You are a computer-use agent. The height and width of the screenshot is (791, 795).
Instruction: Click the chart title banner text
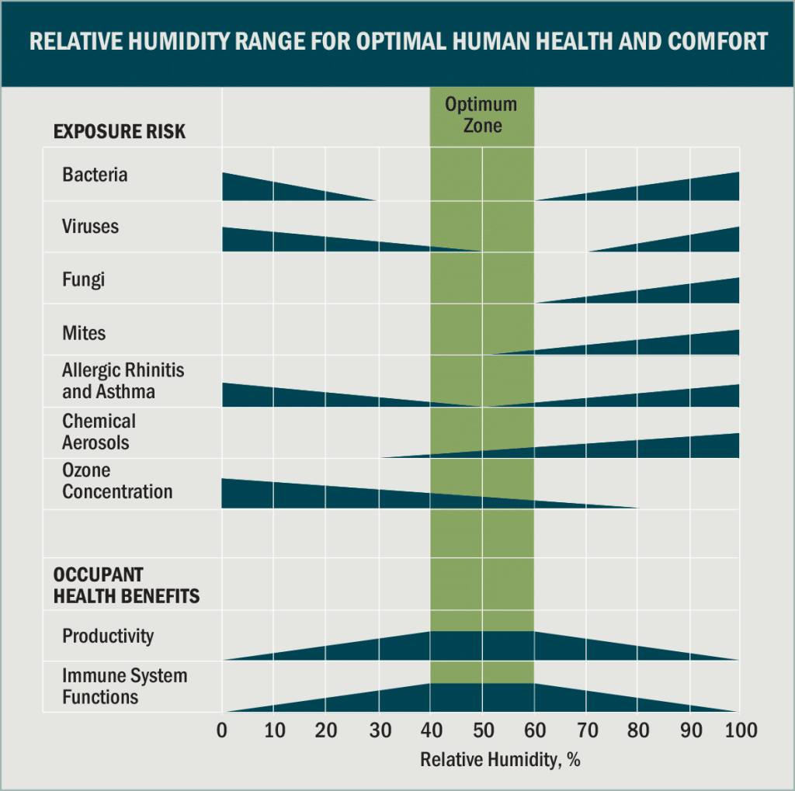coord(397,41)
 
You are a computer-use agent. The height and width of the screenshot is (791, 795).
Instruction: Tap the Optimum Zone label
coord(481,114)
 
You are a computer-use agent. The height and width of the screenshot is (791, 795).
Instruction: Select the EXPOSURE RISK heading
coord(120,131)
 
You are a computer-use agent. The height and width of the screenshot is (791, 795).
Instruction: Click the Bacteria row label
coord(95,175)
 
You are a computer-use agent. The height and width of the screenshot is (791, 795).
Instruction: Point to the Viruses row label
coord(90,227)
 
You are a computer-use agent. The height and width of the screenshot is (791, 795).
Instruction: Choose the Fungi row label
coord(83,279)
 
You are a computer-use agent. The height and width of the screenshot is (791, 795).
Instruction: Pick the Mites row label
coord(84,333)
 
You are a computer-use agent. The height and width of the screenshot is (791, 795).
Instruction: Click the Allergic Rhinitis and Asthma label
coord(123,380)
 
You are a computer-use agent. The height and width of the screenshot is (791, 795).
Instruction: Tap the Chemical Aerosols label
coord(99,432)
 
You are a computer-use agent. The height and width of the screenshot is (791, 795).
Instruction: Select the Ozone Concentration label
coord(117,480)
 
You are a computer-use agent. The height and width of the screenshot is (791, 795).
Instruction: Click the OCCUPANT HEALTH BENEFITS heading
coord(126,585)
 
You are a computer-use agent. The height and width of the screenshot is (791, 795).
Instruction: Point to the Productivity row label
coord(108,636)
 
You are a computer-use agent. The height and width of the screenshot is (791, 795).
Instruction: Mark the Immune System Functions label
coord(124,686)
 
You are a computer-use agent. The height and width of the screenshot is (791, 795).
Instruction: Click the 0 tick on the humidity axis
coord(222,731)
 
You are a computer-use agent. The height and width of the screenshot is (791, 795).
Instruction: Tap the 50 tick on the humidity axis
coord(482,731)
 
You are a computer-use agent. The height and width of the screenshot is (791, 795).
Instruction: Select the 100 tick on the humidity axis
coord(739,731)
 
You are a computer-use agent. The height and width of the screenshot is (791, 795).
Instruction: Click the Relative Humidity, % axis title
coord(500,759)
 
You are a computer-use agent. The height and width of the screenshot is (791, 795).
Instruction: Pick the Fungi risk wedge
coord(683,292)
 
